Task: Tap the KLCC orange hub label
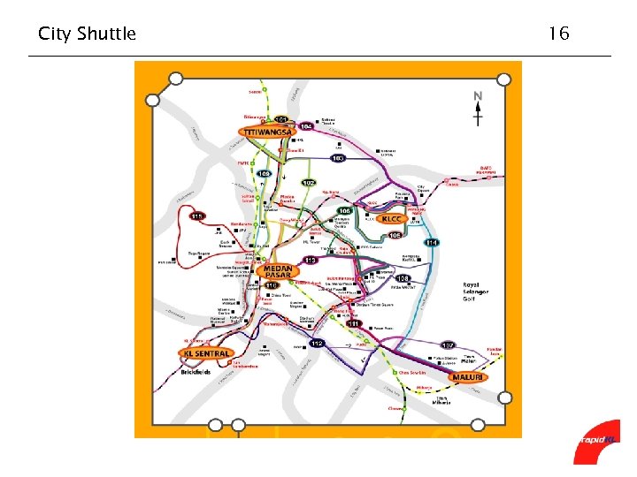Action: click(x=391, y=219)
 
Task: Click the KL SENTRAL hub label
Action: click(x=207, y=352)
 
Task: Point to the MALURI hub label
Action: click(x=468, y=377)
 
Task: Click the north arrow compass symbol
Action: click(x=478, y=108)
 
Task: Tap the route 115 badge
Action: click(x=196, y=216)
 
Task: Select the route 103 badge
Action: click(x=337, y=158)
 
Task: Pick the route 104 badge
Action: click(x=306, y=127)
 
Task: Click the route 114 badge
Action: click(x=432, y=243)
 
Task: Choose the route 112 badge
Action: click(x=318, y=344)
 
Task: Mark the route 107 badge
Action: click(x=448, y=344)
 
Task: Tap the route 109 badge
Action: click(x=264, y=174)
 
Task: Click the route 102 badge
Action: click(x=308, y=183)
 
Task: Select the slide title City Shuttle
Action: click(x=87, y=34)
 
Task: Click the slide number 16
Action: click(x=557, y=34)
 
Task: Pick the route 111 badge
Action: click(x=354, y=324)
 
